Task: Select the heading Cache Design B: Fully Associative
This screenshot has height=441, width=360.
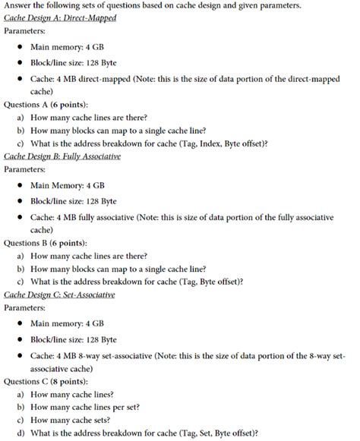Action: coord(62,156)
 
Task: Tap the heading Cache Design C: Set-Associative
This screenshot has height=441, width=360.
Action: coord(59,294)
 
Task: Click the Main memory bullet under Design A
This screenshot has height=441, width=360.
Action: coord(67,47)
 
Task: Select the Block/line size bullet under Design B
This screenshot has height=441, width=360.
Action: coord(73,200)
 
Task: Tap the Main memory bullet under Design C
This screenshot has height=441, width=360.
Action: coord(67,323)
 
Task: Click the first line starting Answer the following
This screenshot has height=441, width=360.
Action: coord(152,6)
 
